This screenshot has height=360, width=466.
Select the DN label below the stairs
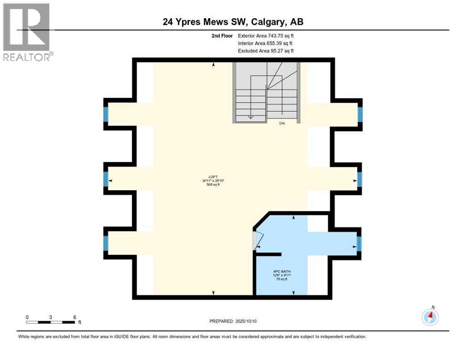282,123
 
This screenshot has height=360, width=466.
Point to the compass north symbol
430,317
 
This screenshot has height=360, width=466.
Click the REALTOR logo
27,32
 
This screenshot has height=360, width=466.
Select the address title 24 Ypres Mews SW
233,22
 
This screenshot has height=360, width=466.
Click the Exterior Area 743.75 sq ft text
266,36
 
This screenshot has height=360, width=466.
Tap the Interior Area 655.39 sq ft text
265,43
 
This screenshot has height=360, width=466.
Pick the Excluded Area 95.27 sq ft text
266,51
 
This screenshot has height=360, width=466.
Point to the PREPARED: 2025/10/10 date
233,321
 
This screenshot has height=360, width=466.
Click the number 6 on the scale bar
75,317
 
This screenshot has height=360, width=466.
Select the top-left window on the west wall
105,114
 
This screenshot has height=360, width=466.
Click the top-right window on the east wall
360,114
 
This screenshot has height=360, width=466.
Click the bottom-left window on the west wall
105,242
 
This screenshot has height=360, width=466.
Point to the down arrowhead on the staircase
251,118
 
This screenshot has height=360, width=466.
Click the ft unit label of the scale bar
80,322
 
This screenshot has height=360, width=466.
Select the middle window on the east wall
360,179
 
